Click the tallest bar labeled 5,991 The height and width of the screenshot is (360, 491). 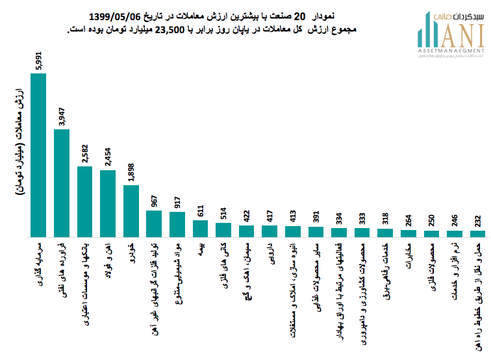coord(38,155)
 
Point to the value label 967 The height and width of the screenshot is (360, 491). coord(154,200)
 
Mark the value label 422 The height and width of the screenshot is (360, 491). coord(247,214)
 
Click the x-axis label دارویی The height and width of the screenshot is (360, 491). coord(270,255)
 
